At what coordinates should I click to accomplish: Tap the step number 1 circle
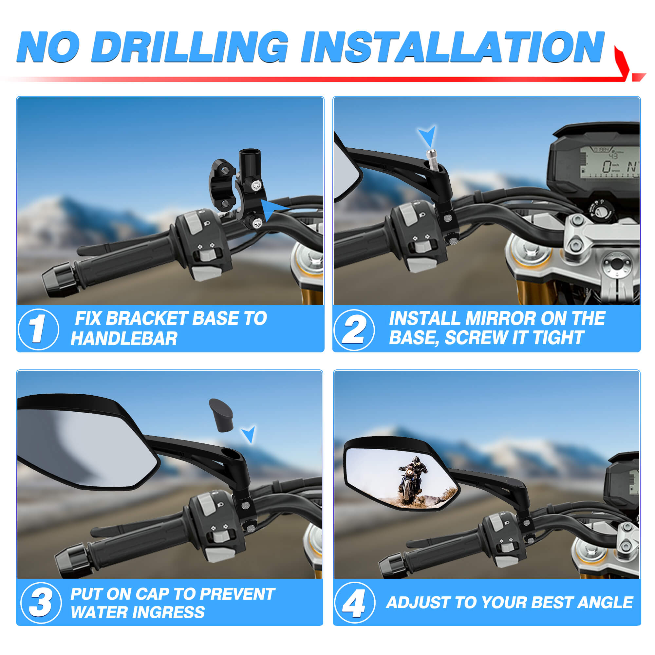[x=38, y=329]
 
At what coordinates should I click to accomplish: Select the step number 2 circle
[x=354, y=329]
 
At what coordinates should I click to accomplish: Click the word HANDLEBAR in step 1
[x=124, y=339]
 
